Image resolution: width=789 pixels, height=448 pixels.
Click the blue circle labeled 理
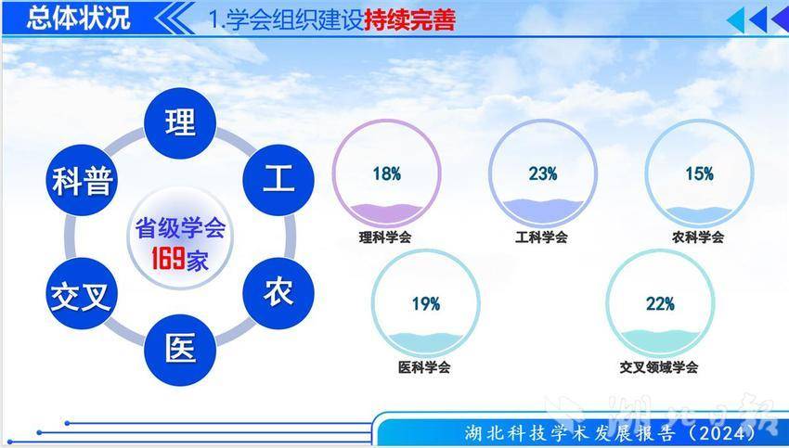(x=180, y=123)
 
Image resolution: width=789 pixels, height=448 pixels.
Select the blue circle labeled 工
(x=278, y=180)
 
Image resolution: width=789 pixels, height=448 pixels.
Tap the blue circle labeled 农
(x=278, y=293)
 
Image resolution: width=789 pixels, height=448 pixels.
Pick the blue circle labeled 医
(x=180, y=350)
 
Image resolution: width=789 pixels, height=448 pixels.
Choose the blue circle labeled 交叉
(x=82, y=293)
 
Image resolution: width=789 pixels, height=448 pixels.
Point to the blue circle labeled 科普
(x=82, y=180)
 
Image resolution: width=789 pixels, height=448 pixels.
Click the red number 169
(x=168, y=259)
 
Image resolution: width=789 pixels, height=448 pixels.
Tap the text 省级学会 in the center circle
(x=180, y=229)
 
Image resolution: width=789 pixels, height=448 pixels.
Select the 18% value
(x=386, y=174)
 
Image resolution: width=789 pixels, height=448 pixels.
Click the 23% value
(x=543, y=174)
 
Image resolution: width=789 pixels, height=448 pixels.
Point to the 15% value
(x=700, y=174)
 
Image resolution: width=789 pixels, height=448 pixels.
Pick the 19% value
(x=426, y=303)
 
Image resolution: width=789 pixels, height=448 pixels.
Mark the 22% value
(x=660, y=303)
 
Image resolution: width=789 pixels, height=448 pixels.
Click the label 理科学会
(x=385, y=237)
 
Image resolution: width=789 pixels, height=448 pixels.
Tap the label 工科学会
(x=541, y=237)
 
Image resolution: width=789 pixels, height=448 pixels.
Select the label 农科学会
(x=698, y=237)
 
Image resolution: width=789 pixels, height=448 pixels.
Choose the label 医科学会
(x=424, y=367)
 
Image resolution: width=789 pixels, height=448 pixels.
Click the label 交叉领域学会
(x=659, y=367)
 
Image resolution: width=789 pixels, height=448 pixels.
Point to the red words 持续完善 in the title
(x=409, y=20)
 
